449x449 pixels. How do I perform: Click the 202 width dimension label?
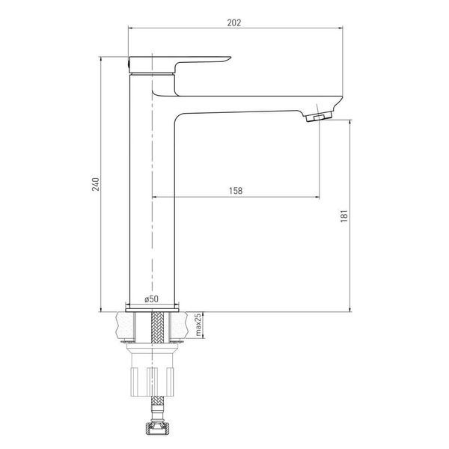click(234, 22)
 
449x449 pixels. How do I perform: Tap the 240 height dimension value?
click(95, 184)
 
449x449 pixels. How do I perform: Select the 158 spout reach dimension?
click(236, 190)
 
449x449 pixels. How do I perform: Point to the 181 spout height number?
click(344, 216)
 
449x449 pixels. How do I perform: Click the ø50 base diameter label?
click(151, 299)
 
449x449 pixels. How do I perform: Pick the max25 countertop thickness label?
click(198, 325)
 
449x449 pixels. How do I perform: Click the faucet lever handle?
click(180, 64)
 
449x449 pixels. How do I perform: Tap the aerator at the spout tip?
click(319, 117)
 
